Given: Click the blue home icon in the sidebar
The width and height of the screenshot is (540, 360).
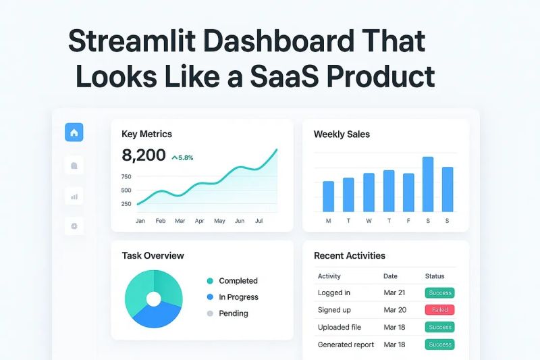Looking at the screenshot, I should coord(74,132).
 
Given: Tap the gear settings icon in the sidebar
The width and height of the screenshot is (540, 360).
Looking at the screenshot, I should coord(74,226).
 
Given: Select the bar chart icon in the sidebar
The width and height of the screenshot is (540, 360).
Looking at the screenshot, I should coord(74,197).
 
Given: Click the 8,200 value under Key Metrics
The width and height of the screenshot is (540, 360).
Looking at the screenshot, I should coord(143,155).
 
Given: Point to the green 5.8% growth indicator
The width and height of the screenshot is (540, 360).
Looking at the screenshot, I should coord(182,157).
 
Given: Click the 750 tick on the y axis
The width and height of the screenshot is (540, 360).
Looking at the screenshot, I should coord(126,177).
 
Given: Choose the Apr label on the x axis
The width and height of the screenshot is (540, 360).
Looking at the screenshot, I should coord(200,221).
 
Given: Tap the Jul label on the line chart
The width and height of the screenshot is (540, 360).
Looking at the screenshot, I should coord(259,221).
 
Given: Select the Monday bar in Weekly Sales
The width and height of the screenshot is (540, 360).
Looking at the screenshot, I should coord(328,196).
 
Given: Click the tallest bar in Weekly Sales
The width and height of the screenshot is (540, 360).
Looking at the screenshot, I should coord(427,184).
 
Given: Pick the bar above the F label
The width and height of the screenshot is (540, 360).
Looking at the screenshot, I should coord(408,192).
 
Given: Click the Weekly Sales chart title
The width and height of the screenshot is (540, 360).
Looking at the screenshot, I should coord(342,134).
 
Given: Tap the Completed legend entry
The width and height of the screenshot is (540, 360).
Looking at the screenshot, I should coord(238,281).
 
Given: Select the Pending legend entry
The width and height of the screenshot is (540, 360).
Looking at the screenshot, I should coord(233,313).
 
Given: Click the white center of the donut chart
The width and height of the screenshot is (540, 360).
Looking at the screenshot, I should coord(154,299).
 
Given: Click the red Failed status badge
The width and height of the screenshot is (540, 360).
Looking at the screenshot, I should coord(439,310).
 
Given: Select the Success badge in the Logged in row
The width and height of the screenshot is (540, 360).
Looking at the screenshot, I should coord(439,293).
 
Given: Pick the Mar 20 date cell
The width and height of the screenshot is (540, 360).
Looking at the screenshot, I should coord(395,310).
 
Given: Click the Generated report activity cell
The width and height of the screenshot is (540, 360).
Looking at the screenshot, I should coord(345,344).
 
